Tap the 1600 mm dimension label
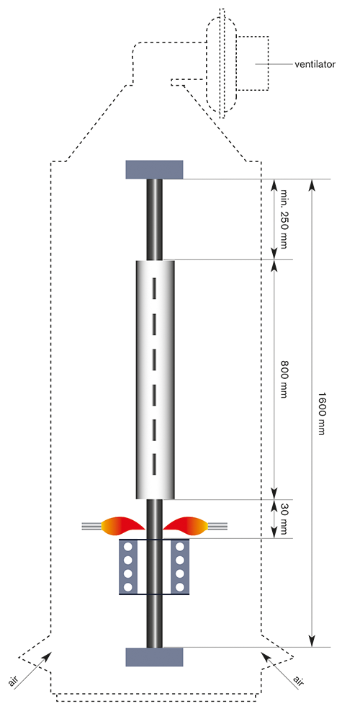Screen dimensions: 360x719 click(x=321, y=413)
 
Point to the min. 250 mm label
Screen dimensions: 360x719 click(x=283, y=219)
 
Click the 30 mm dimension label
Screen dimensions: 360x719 click(x=282, y=518)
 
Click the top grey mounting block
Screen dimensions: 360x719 click(x=154, y=169)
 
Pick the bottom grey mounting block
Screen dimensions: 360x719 click(x=154, y=656)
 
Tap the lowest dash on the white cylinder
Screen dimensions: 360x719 click(x=154, y=463)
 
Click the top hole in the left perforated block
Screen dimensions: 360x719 click(x=128, y=547)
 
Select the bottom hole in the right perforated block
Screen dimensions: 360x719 click(x=181, y=586)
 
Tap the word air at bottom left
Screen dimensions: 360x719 click(x=14, y=682)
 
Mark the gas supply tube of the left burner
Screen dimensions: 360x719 click(x=91, y=526)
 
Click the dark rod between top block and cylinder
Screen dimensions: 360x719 click(x=154, y=219)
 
